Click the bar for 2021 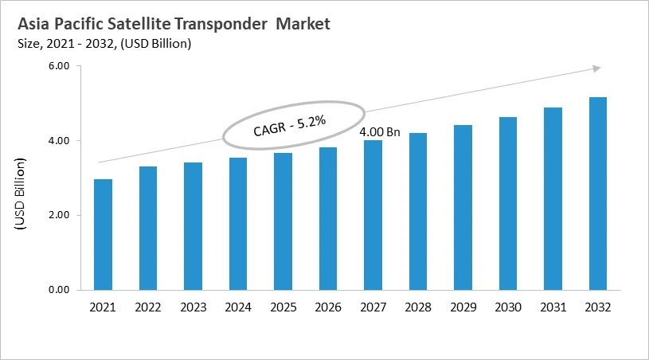[103, 235]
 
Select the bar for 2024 [237, 224]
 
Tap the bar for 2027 [372, 215]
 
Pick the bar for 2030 [507, 203]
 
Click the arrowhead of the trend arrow [595, 69]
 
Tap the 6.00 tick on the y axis [61, 66]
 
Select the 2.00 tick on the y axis [61, 215]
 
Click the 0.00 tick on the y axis [61, 290]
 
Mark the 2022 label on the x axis [147, 307]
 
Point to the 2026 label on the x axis [327, 307]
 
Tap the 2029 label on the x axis [463, 307]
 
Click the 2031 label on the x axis [553, 307]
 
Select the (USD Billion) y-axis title [21, 195]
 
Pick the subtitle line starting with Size [103, 44]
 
